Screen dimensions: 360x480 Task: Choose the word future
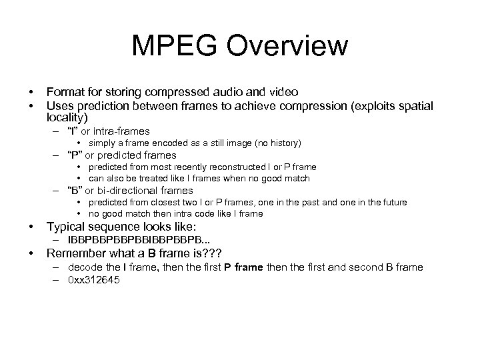(x=394, y=202)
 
